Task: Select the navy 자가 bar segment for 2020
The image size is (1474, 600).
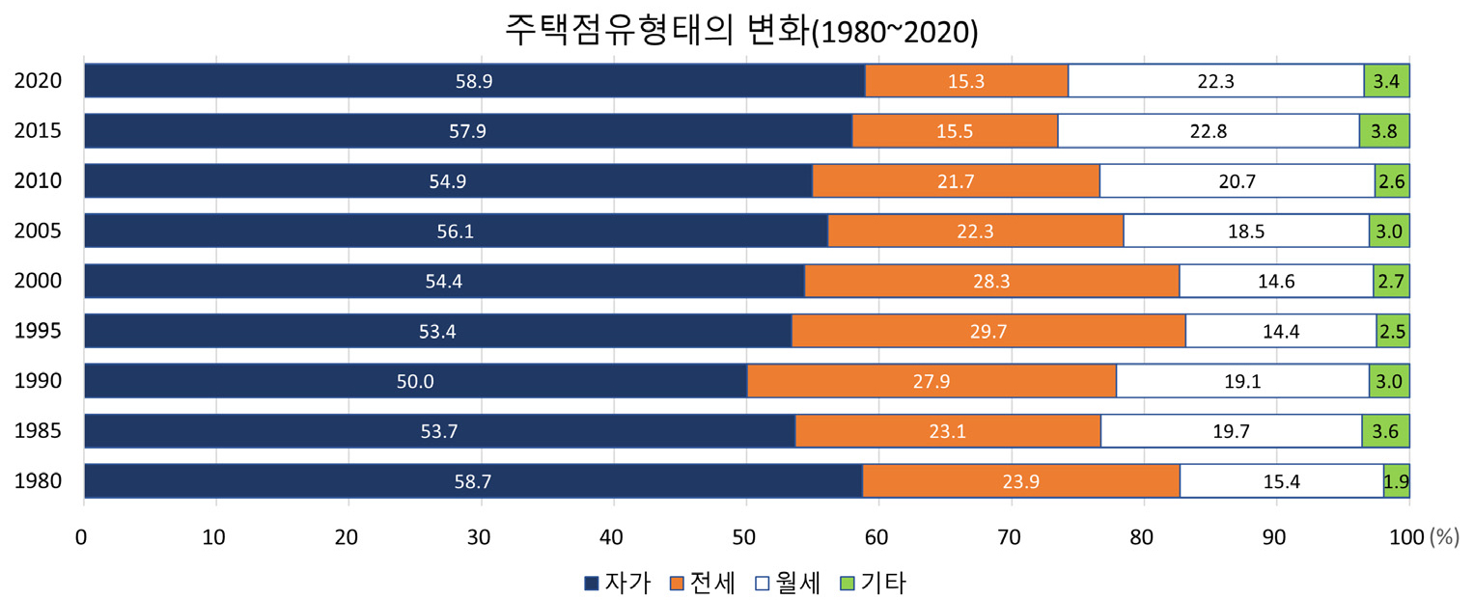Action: pos(474,81)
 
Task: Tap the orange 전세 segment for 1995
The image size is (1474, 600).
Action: pos(987,331)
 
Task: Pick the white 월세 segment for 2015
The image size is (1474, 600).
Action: pos(1208,131)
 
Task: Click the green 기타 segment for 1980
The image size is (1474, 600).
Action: pos(1396,481)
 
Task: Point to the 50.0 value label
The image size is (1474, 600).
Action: pos(415,381)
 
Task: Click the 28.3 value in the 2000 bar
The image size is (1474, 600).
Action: pos(991,282)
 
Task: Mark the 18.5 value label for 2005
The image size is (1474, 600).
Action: pos(1245,232)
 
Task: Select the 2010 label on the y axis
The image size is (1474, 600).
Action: pos(39,181)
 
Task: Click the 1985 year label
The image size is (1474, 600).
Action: pos(39,431)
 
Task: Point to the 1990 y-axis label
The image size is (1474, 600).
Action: pos(39,381)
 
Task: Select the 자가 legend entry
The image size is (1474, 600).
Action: pos(618,583)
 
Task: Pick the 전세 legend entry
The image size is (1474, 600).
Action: pos(703,583)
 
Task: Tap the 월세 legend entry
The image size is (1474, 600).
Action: pos(788,583)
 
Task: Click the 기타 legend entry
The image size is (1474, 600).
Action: pos(874,583)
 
